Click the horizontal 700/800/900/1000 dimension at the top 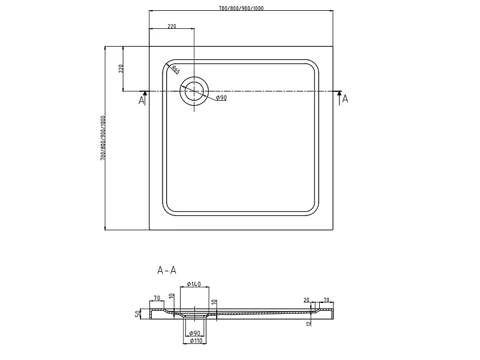(x=241, y=8)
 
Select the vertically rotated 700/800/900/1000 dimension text (x=103, y=138)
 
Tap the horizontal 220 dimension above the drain (x=172, y=26)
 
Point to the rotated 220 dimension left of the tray (x=121, y=68)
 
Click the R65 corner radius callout (x=175, y=70)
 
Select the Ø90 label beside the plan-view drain (x=221, y=98)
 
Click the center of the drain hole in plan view (x=194, y=91)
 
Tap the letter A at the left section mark (x=141, y=100)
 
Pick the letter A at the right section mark (x=346, y=99)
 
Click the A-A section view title (x=167, y=271)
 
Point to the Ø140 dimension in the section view (x=193, y=284)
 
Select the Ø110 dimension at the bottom (x=196, y=341)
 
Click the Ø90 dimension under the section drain (x=194, y=333)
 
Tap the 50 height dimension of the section (x=138, y=313)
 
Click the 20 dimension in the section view (x=307, y=301)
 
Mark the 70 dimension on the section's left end (x=157, y=298)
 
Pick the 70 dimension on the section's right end (x=326, y=300)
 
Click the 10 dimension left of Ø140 (x=172, y=296)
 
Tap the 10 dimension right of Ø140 (x=214, y=302)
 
